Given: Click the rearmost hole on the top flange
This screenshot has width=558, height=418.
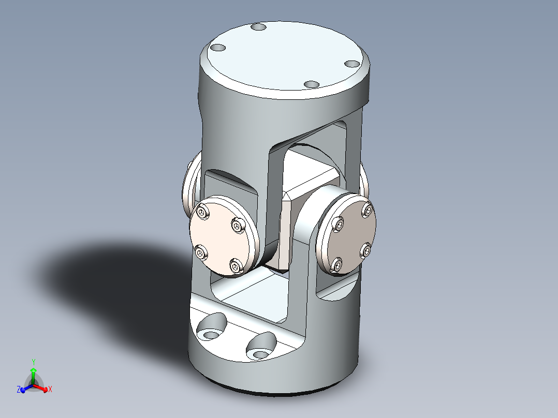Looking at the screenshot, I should [x=257, y=27].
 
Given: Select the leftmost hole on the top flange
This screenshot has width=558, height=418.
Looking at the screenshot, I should [x=218, y=48].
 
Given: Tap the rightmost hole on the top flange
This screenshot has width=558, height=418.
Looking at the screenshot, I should [x=352, y=64].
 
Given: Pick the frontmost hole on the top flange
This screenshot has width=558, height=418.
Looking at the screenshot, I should [x=311, y=84].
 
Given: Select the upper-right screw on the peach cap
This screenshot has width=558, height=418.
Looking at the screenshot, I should [x=238, y=225].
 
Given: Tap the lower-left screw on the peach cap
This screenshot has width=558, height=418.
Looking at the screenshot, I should [x=201, y=252].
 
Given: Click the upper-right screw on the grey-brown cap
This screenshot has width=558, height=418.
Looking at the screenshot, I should [x=368, y=210].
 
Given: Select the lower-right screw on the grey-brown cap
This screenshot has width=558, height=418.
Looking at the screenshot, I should [x=365, y=251].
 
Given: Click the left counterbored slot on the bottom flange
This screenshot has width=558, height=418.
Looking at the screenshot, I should [x=211, y=333].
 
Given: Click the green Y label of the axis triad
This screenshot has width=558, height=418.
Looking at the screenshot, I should [x=33, y=361].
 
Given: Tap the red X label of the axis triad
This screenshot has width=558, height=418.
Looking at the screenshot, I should [x=50, y=390].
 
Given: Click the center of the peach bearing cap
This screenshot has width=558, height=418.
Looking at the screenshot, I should [x=220, y=238].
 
